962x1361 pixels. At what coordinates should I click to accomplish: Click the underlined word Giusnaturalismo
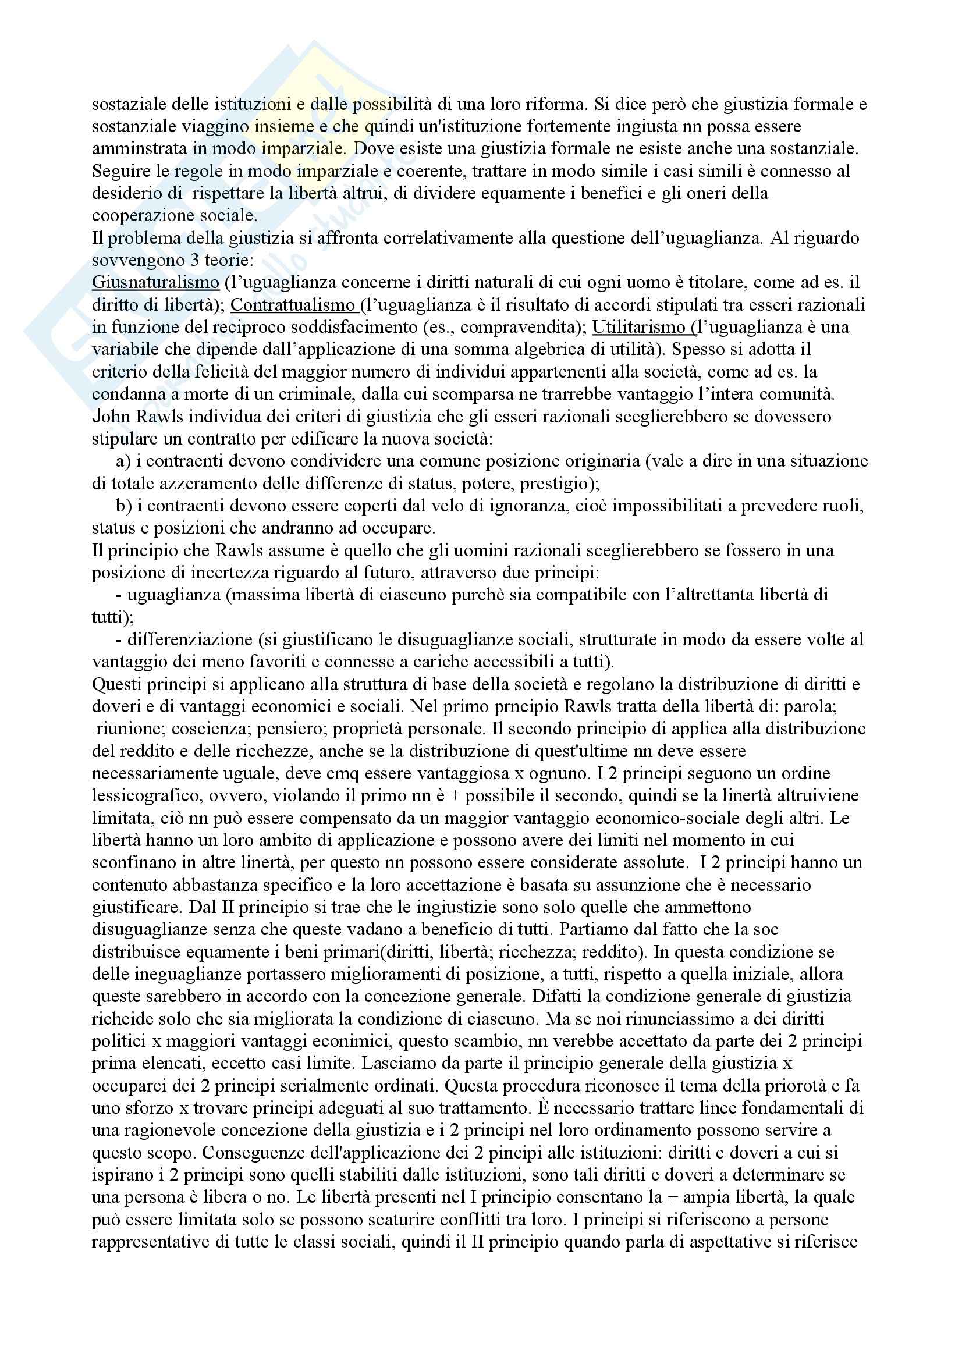click(155, 283)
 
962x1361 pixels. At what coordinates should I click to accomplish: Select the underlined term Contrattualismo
click(293, 305)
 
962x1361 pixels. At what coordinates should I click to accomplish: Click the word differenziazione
click(190, 639)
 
